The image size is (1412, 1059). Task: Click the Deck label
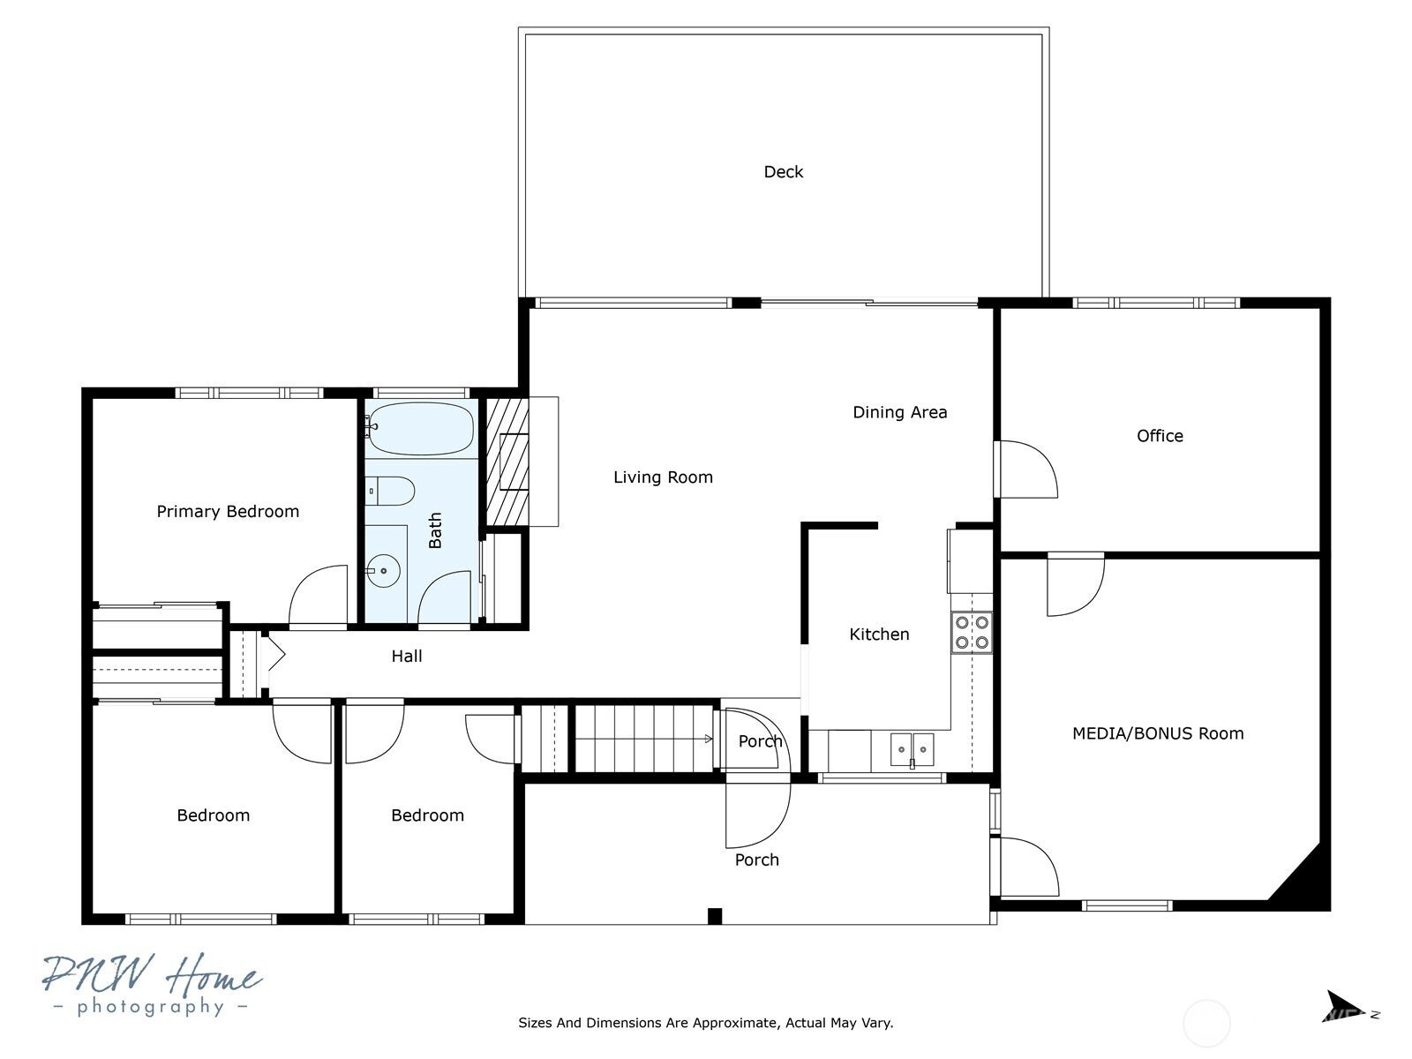click(x=783, y=172)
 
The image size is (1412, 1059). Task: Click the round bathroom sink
click(x=383, y=571)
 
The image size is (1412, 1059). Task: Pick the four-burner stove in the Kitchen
click(x=971, y=633)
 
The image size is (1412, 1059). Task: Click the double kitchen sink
click(x=911, y=750)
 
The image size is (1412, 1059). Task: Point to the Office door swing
click(x=1025, y=469)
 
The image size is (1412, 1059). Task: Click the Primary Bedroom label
click(x=228, y=512)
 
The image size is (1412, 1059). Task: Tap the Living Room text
click(x=663, y=477)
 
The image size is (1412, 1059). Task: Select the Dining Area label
click(x=899, y=412)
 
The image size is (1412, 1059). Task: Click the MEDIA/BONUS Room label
click(x=1157, y=733)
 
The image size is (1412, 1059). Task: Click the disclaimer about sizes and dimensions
click(x=705, y=1024)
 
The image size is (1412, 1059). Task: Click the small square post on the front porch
click(x=715, y=916)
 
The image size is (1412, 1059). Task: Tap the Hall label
click(x=407, y=657)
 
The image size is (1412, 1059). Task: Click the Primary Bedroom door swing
click(x=318, y=596)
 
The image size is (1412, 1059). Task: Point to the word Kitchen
click(x=879, y=635)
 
